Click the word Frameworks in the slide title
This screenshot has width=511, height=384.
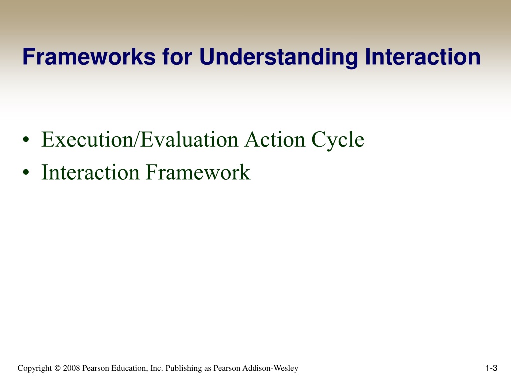point(89,57)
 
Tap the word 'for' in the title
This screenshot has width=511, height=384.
point(177,57)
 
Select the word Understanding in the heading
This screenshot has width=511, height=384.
point(278,58)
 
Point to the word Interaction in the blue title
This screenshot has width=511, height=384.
point(422,57)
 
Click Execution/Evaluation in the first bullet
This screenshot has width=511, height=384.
point(140,140)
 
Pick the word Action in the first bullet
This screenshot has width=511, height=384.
point(275,140)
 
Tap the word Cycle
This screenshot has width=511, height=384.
point(338,140)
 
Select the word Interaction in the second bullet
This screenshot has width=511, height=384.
point(90,172)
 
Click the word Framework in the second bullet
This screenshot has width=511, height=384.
point(198,172)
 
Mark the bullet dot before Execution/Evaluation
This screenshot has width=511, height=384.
point(26,140)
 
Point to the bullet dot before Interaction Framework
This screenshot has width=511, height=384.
point(26,172)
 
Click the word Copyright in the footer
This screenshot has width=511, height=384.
point(35,368)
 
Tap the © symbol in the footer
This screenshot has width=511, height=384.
point(58,368)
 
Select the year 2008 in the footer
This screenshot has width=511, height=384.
point(71,368)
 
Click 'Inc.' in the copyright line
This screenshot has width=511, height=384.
point(156,368)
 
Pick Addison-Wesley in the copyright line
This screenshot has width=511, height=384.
point(270,368)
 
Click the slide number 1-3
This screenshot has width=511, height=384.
point(491,368)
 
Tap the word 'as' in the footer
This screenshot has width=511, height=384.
point(208,369)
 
